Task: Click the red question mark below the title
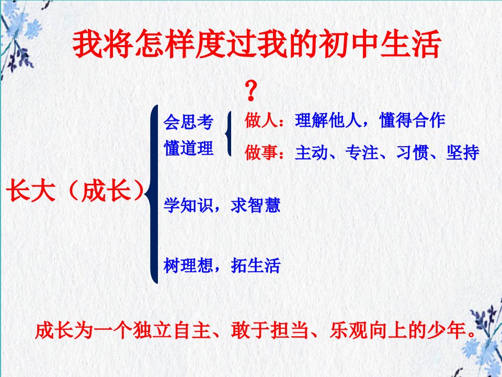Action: click(x=251, y=91)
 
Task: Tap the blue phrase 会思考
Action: click(x=188, y=122)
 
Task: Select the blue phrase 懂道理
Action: click(x=188, y=148)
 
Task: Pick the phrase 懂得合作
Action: click(x=413, y=120)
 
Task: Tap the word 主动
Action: click(x=311, y=152)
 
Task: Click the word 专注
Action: click(x=362, y=152)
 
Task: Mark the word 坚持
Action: click(x=463, y=152)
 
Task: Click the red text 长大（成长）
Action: click(x=75, y=191)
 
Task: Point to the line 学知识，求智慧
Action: click(x=222, y=205)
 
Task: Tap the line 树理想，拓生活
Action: click(x=222, y=265)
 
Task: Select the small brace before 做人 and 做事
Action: click(x=228, y=134)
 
